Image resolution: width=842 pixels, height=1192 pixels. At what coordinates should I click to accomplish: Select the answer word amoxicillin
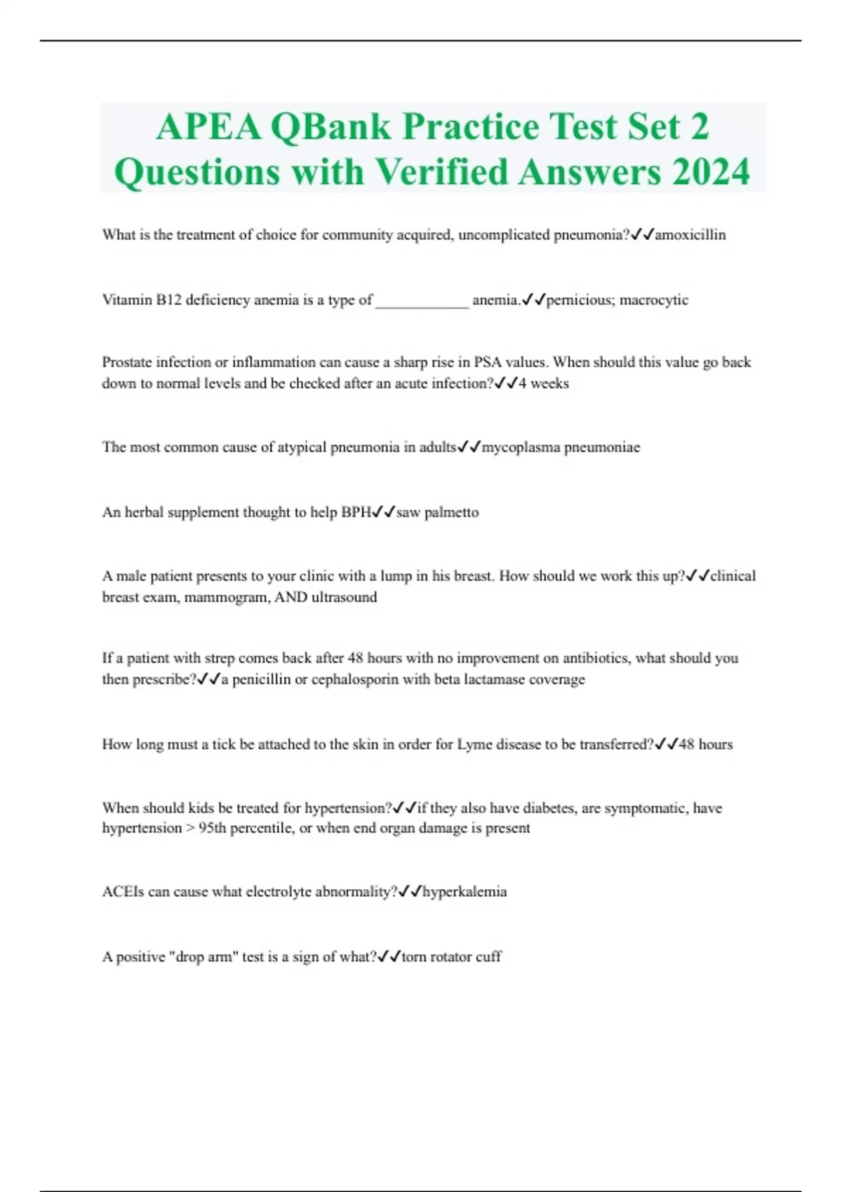tap(690, 235)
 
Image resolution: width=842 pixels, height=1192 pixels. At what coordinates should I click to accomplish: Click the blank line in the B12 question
tap(422, 302)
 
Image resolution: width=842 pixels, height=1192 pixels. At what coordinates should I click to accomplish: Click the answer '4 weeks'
tap(544, 384)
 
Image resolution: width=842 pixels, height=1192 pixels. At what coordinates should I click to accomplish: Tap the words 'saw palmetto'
tap(438, 513)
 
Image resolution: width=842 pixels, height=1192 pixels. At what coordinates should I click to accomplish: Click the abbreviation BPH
tap(356, 513)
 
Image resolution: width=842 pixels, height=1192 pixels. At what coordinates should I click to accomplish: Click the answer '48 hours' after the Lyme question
tap(706, 745)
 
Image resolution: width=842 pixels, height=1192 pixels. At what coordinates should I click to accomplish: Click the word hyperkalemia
tap(465, 892)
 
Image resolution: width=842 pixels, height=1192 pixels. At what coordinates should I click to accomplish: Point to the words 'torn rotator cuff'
tap(451, 957)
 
